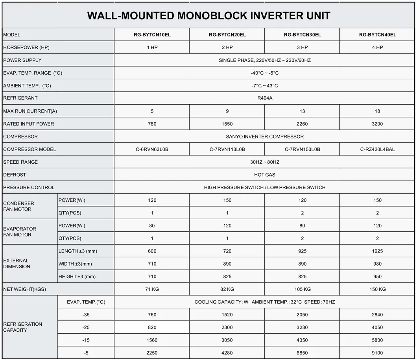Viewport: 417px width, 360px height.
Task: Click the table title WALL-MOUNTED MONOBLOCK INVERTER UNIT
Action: (x=208, y=16)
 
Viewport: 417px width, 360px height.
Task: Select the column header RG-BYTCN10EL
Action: (x=152, y=35)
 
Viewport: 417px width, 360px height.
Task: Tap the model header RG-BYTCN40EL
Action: (x=377, y=35)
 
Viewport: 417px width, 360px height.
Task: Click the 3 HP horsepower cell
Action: (x=302, y=48)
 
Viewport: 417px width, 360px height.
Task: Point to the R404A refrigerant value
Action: (x=265, y=98)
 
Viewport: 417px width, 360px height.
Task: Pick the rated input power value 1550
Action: (x=227, y=124)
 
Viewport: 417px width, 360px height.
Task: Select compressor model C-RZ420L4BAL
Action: (x=377, y=150)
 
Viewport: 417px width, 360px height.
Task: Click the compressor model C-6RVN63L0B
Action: (x=152, y=150)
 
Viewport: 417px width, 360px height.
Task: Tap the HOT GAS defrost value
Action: (x=265, y=175)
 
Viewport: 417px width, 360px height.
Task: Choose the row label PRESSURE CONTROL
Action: (x=29, y=188)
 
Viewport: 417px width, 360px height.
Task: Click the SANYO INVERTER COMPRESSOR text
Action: (x=265, y=137)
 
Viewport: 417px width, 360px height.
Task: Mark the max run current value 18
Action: (x=377, y=111)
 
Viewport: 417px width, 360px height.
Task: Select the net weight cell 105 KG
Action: (x=302, y=289)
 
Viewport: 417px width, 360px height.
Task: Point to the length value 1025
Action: (x=377, y=251)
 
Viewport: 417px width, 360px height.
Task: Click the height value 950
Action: (x=377, y=277)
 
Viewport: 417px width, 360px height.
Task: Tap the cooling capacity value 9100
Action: (x=377, y=353)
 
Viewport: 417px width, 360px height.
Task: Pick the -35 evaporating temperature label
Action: (x=86, y=315)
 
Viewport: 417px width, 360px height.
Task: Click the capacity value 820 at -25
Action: (x=152, y=327)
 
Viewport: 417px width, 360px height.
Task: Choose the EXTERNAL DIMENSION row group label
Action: (x=17, y=264)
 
